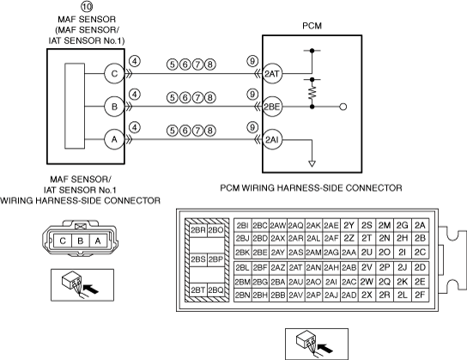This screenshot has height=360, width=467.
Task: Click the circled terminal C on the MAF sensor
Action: tap(114, 74)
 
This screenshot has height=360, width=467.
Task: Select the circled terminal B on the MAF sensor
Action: tap(114, 107)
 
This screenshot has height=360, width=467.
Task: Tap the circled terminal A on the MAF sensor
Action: tap(114, 139)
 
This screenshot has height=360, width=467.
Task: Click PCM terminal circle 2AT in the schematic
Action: tap(272, 74)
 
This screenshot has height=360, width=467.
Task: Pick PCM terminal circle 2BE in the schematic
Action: tap(272, 107)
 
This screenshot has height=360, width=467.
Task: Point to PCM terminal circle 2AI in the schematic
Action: tap(272, 139)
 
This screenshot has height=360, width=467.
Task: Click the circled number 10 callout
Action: tap(87, 6)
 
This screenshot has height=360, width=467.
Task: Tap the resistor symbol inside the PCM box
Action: tap(312, 93)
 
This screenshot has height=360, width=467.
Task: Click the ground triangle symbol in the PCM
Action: tap(312, 163)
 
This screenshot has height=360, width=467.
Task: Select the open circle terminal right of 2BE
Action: tap(343, 107)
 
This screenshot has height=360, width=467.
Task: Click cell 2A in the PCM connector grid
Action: tap(420, 225)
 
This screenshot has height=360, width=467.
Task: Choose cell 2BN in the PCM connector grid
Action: tap(243, 295)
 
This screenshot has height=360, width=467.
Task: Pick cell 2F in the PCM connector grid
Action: tap(420, 295)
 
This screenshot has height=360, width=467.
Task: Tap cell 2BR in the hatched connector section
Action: tap(198, 230)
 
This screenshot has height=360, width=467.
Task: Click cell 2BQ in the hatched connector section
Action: tap(215, 290)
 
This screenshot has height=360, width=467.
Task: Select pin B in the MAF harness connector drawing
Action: tap(81, 241)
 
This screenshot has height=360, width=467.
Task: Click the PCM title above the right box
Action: tap(312, 26)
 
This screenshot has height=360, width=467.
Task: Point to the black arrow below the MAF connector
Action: tap(90, 289)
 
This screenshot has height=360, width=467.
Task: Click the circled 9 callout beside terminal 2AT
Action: tap(252, 61)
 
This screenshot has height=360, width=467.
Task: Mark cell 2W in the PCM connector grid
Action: tap(367, 282)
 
